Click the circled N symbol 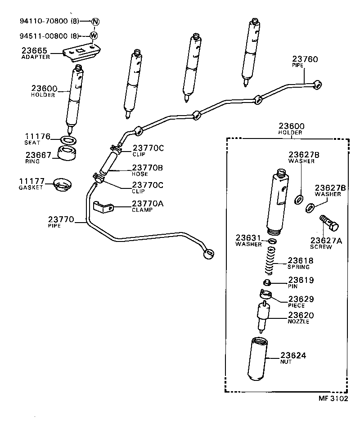95,21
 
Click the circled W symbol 94,36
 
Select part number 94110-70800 44,21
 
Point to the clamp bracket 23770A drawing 103,207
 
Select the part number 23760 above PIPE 305,59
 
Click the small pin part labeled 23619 266,282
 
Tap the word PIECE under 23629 296,305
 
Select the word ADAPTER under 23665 36,57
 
